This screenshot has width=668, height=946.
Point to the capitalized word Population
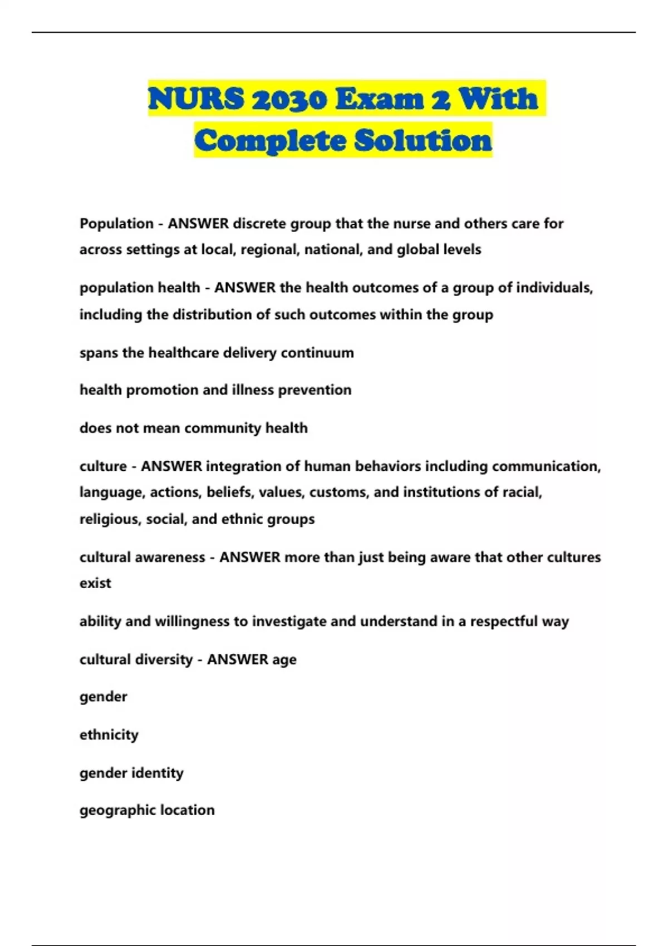click(x=116, y=224)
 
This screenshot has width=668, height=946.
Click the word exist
click(x=95, y=583)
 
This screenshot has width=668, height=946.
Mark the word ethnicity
click(x=109, y=735)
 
